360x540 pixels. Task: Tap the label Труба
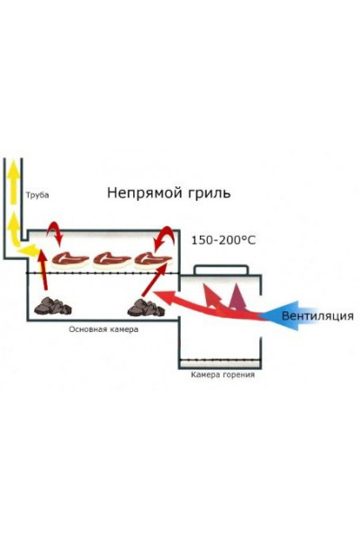click(38, 194)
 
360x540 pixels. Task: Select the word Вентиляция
click(317, 316)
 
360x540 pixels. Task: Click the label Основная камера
click(103, 329)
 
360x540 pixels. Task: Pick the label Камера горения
click(221, 374)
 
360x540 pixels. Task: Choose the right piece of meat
click(151, 259)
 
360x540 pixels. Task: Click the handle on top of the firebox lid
click(221, 269)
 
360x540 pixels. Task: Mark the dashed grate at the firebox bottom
click(221, 362)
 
